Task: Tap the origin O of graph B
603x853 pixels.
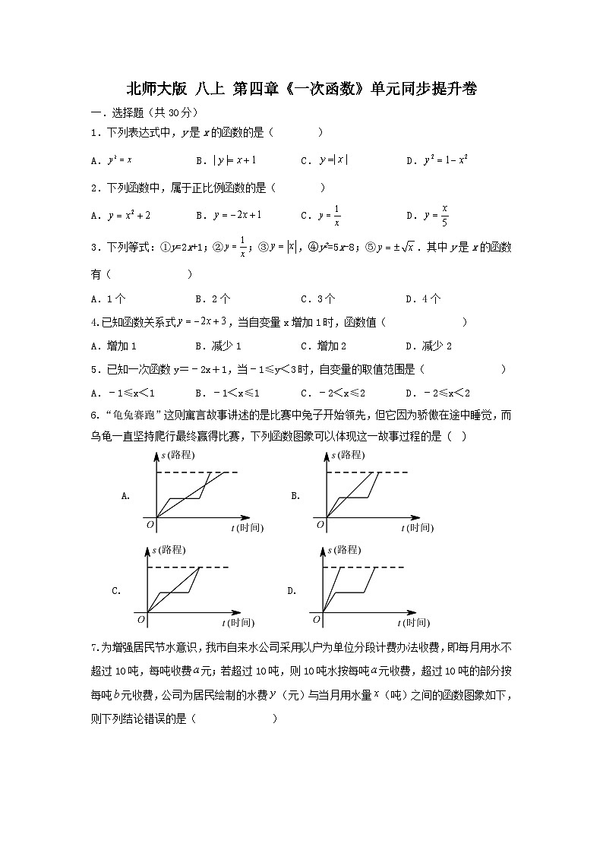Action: tap(320, 524)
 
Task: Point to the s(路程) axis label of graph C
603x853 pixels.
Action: tap(168, 550)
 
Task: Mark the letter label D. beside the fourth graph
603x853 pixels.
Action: tap(291, 590)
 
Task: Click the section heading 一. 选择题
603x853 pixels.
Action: tap(117, 112)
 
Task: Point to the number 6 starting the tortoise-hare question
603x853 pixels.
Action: tap(93, 415)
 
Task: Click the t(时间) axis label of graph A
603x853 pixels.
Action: tap(247, 528)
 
